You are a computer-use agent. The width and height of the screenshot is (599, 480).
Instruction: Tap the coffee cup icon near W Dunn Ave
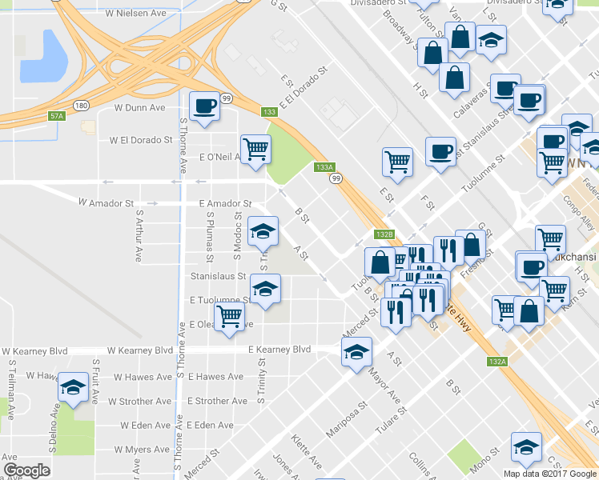click(204, 106)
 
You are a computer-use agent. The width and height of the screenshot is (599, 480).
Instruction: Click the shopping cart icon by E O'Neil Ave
click(256, 149)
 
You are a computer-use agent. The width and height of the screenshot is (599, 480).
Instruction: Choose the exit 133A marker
click(324, 167)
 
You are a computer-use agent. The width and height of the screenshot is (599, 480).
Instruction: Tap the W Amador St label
click(105, 203)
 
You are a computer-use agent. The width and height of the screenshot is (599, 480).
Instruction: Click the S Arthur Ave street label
click(139, 236)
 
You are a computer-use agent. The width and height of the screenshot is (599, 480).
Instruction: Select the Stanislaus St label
click(217, 276)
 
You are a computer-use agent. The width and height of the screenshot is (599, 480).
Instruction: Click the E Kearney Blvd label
click(279, 350)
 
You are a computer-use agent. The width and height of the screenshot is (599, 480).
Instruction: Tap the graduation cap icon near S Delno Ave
click(74, 390)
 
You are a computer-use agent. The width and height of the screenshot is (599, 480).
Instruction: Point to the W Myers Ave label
click(143, 450)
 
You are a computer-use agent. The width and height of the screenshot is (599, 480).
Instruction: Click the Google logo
click(26, 470)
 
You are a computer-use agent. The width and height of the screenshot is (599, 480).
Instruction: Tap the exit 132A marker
click(496, 362)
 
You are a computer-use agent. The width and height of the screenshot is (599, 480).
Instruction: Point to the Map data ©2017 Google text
click(550, 474)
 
